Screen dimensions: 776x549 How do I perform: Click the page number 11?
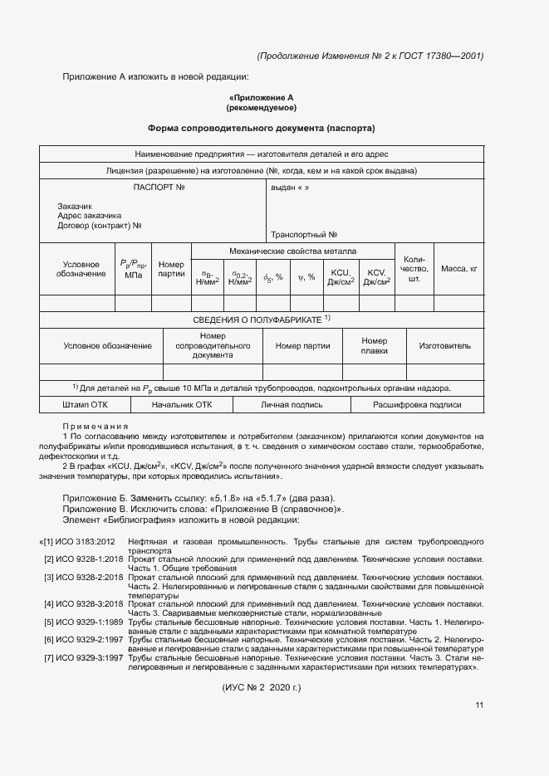479,705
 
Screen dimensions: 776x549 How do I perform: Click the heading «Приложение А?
262,97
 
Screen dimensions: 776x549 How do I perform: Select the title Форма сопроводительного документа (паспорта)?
262,129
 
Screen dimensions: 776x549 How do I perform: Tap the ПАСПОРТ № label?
158,188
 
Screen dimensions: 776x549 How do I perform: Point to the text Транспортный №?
303,235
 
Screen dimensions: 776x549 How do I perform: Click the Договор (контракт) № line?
100,225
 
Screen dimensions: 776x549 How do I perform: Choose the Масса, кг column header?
459,269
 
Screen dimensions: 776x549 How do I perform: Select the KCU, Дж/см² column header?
341,277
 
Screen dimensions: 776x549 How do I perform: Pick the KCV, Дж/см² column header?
377,277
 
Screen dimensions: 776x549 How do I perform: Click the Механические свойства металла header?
292,251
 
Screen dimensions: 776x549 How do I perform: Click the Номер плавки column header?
375,346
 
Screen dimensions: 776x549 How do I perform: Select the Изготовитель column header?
444,346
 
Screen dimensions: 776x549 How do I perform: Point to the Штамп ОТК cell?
85,405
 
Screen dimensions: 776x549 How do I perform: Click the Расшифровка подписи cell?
416,405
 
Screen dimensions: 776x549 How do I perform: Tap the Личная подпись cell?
292,405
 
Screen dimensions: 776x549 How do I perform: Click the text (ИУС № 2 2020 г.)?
262,688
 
